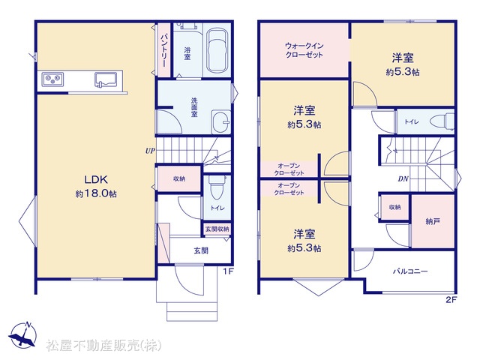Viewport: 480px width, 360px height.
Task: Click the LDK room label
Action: [96, 179]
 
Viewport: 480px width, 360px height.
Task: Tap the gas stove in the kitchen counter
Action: [52, 80]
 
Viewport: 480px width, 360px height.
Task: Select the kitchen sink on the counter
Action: [106, 79]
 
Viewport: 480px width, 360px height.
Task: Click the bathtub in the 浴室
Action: [217, 50]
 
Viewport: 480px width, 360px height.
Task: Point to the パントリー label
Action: [163, 50]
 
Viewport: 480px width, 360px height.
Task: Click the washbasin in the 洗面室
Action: [220, 121]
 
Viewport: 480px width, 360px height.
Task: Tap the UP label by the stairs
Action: [150, 151]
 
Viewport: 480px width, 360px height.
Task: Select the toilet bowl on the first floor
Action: [217, 187]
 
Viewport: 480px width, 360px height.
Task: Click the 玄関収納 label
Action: [217, 229]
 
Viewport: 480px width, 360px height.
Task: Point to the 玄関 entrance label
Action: [201, 250]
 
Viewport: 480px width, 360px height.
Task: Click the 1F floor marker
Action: [228, 271]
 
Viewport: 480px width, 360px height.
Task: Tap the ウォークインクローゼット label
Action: [304, 50]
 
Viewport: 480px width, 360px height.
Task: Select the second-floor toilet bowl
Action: [442, 121]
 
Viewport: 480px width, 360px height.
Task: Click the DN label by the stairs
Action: [403, 178]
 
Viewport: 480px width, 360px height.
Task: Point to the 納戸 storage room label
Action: [433, 221]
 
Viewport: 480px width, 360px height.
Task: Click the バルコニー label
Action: [410, 271]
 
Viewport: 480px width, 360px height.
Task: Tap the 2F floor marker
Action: [451, 300]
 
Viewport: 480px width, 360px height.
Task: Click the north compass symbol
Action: [23, 335]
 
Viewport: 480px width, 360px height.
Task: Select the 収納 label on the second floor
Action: [395, 207]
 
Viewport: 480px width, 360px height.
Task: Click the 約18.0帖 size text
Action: [96, 193]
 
